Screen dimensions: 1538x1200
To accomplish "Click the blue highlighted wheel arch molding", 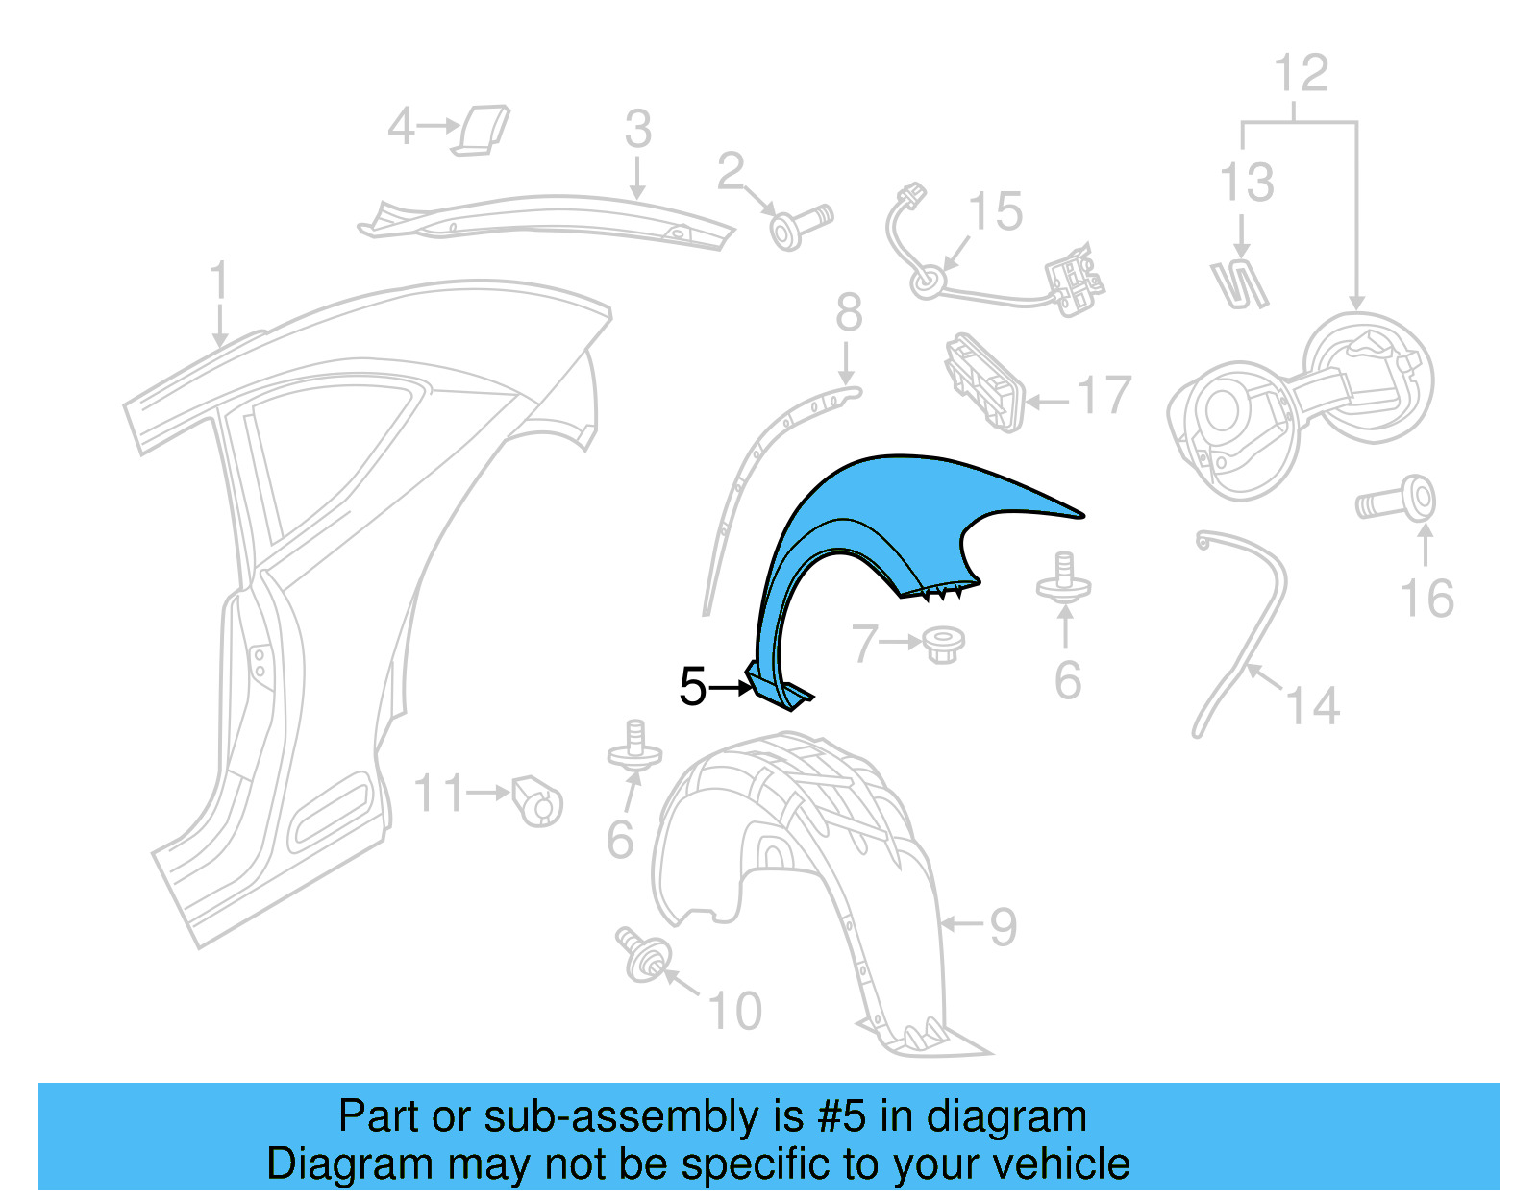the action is pos(865,519).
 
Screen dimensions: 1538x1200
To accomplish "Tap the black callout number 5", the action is pos(692,687).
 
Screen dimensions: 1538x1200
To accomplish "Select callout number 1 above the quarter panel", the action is pos(219,281).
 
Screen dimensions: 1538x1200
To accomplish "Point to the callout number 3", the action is pos(637,130).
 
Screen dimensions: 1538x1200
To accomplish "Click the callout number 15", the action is pos(996,211).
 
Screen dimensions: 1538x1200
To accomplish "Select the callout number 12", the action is pos(1301,73).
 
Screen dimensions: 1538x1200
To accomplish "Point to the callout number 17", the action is pos(1104,396).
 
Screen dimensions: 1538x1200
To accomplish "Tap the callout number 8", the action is pos(849,312).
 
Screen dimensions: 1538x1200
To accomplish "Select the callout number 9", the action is pos(1003,927).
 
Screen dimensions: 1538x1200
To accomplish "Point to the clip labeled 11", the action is pos(536,799).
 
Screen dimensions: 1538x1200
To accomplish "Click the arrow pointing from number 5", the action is pos(731,687).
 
